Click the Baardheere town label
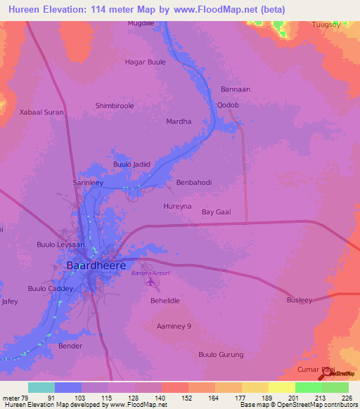(x=96, y=266)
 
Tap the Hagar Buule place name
(x=145, y=62)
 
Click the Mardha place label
(x=179, y=122)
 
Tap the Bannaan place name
(x=236, y=89)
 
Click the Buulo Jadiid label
(x=132, y=164)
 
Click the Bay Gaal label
(x=217, y=212)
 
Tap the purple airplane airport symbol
(x=150, y=283)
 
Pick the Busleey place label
(x=299, y=300)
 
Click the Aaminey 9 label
(x=174, y=326)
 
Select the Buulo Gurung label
(x=221, y=354)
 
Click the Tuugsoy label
(x=326, y=25)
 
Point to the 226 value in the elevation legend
(x=346, y=398)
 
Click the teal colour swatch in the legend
(x=41, y=387)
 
